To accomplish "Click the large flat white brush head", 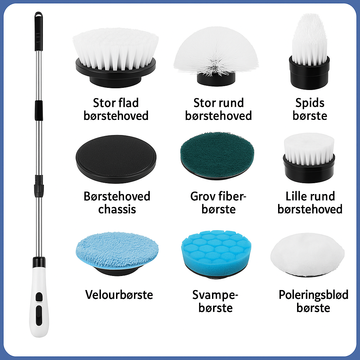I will point(115,58).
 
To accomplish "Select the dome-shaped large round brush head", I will point(216,56).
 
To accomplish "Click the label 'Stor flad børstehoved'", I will point(116,109).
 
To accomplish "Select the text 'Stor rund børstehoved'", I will point(218,109).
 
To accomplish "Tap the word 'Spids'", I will point(310,103).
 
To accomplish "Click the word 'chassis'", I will point(117,210).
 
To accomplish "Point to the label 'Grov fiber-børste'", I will point(218,203).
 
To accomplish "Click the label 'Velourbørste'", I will point(119,295).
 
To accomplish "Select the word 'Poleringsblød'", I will point(313,295).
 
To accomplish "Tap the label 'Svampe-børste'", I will point(216,301).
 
